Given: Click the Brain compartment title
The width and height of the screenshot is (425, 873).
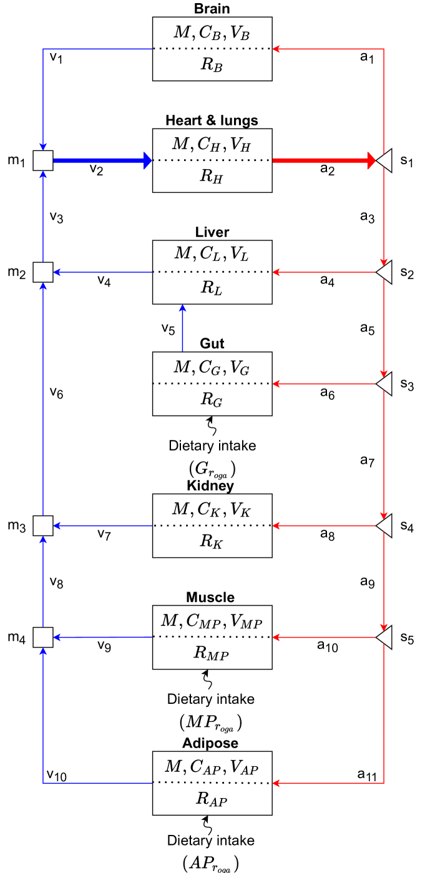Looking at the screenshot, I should (212, 9).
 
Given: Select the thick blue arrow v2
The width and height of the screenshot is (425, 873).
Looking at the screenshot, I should (100, 160).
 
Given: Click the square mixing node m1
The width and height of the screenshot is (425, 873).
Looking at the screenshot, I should (42, 160).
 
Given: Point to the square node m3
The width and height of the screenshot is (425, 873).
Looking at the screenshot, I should (42, 526).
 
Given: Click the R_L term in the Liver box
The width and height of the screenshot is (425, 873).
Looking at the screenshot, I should (212, 289).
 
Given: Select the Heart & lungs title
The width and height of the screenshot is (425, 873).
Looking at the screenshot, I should (212, 120).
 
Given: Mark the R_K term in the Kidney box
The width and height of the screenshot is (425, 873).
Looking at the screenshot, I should (212, 543).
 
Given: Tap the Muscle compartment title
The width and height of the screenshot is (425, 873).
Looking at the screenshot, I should (212, 597).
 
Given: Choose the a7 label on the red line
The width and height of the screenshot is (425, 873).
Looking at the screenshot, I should (368, 461).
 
